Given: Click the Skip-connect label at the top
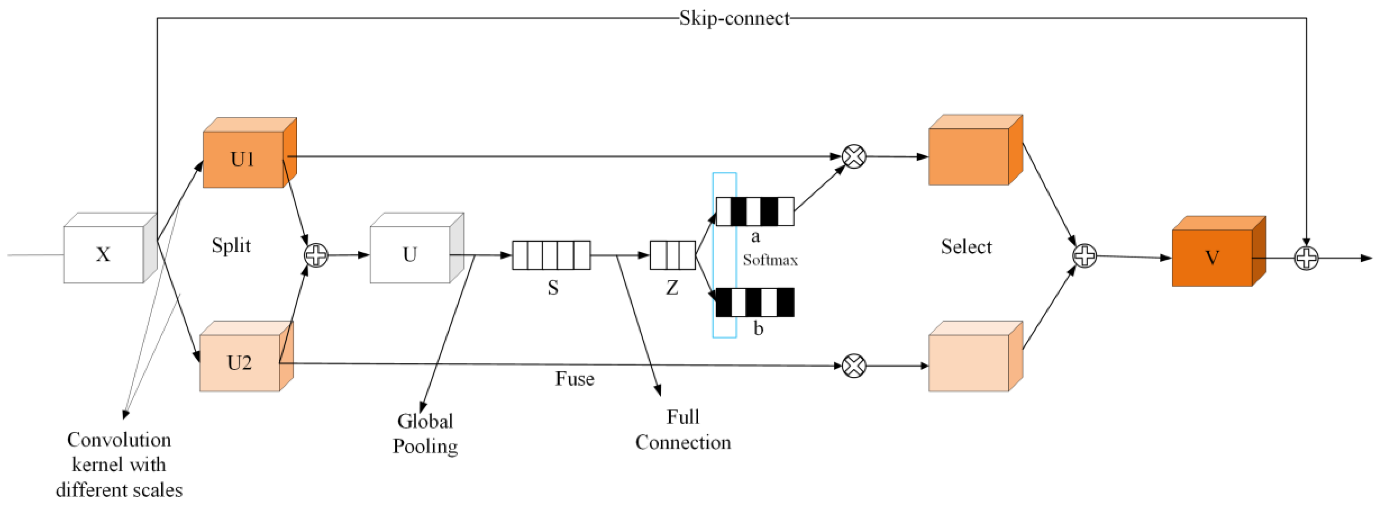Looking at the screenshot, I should [734, 18].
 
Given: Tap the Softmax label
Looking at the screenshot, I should [770, 260].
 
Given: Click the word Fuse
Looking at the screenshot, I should [574, 379].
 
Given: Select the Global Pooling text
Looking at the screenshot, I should [425, 434].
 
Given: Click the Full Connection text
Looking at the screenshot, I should [683, 429].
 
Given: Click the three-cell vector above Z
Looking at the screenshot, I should [672, 255].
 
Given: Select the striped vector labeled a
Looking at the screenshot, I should [755, 211].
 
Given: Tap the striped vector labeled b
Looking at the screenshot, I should [755, 303].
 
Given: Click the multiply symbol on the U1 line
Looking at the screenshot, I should [854, 157].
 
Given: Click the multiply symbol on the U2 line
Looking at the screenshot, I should [854, 366].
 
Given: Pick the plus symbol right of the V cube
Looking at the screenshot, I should [1306, 258].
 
